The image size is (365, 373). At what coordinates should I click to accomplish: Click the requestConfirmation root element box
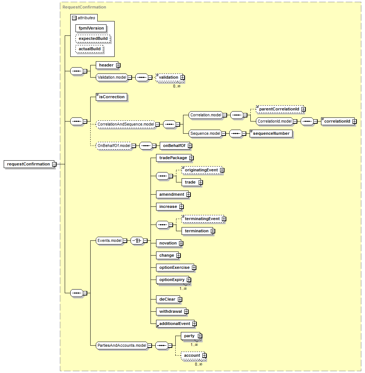[x=29, y=164]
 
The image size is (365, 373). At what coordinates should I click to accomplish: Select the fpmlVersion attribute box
[x=91, y=28]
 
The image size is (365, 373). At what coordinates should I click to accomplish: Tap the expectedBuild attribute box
[x=93, y=38]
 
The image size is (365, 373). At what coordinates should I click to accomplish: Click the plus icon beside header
[x=118, y=65]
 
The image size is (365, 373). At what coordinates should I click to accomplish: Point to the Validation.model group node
[x=112, y=77]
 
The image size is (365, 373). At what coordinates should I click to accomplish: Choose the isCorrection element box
[x=112, y=97]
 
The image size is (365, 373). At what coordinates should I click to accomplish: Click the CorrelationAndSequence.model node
[x=126, y=124]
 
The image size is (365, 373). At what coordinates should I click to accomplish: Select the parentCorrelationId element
[x=280, y=109]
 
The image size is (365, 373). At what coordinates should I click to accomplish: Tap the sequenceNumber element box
[x=271, y=133]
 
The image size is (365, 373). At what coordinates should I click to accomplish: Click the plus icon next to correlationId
[x=355, y=122]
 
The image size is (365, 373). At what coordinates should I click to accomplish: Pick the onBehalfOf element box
[x=175, y=146]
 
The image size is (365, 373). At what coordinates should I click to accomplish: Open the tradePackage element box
[x=174, y=158]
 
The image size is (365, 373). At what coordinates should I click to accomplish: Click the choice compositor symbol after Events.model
[x=137, y=240]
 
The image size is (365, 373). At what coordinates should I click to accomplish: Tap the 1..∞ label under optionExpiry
[x=183, y=288]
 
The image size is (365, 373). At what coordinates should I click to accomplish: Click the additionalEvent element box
[x=175, y=324]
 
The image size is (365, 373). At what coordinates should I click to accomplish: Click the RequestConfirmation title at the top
[x=84, y=7]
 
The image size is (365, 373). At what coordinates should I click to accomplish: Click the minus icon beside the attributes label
[x=74, y=18]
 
